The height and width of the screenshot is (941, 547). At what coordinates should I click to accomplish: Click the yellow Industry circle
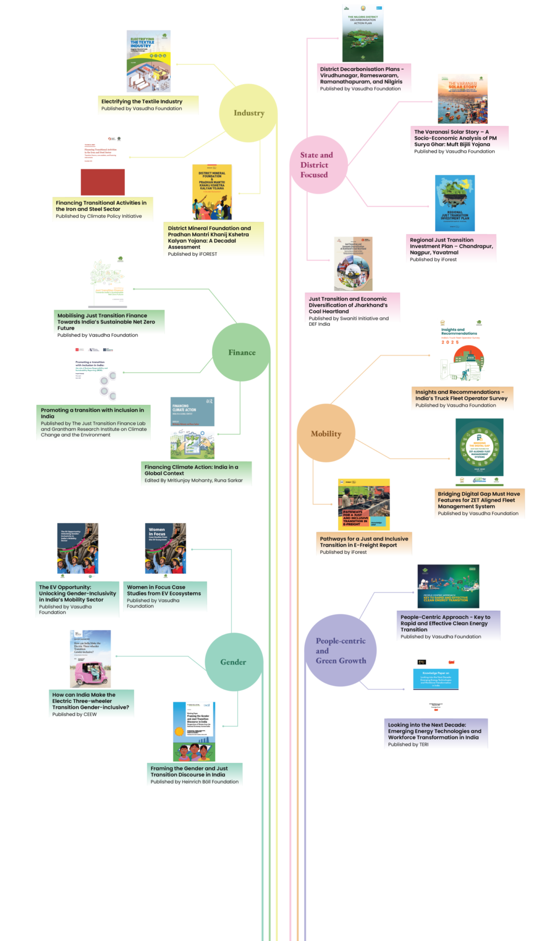coord(248,113)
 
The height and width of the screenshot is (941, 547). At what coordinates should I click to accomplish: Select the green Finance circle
coord(241,353)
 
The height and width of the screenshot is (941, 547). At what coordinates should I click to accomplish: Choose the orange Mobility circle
coord(326,433)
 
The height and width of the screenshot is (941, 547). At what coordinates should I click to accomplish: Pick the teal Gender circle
coord(234,662)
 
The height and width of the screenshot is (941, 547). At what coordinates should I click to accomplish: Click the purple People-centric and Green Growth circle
coord(341,650)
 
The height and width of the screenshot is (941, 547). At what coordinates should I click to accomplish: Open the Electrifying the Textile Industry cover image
coord(148,61)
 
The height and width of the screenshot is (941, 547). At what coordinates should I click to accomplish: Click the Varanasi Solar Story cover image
coord(463,99)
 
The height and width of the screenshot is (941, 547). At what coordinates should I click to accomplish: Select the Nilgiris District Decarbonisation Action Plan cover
coord(362,33)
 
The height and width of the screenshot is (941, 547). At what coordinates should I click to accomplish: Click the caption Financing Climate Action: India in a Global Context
coord(196,473)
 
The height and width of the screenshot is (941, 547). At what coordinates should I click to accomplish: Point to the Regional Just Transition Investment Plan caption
coord(451,249)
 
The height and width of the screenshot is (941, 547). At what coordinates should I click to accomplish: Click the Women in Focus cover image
coord(165,551)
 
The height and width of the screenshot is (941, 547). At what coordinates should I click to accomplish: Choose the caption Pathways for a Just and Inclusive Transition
coord(364,544)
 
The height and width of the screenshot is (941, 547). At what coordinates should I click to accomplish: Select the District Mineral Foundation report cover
coord(212,192)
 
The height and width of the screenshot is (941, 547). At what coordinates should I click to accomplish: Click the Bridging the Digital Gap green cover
coord(479,447)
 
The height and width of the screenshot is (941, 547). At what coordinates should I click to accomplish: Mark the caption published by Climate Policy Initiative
coord(103,209)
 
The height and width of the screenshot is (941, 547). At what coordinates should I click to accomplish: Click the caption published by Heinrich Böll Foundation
coord(195,774)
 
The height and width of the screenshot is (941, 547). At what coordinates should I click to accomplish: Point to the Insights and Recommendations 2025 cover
coord(461,351)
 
